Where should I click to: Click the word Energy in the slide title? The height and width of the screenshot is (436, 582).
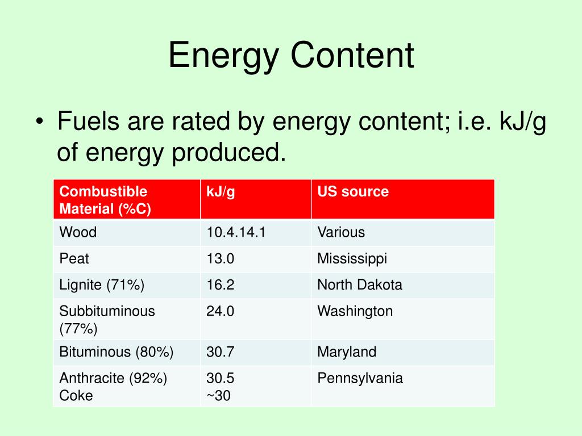[x=223, y=56]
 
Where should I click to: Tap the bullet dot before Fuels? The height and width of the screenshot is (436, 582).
[x=40, y=121]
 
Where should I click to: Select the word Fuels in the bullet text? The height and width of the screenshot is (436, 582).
[x=88, y=121]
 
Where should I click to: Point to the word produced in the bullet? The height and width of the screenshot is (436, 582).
[x=228, y=153]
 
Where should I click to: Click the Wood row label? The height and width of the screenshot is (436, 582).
[x=78, y=232]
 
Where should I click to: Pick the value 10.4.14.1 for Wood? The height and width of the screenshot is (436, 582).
[x=236, y=232]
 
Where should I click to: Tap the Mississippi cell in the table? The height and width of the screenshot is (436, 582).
[x=352, y=259]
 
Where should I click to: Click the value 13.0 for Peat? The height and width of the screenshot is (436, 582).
[x=220, y=258]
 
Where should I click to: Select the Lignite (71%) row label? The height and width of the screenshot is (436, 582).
[x=102, y=285]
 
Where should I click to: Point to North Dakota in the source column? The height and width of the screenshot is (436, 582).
[x=360, y=285]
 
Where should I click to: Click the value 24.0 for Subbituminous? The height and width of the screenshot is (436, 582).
[x=220, y=311]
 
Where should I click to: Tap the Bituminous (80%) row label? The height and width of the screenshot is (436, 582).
[x=116, y=352]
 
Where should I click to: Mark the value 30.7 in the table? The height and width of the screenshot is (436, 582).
[x=220, y=352]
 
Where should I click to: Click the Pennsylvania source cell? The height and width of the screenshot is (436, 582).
[x=360, y=379]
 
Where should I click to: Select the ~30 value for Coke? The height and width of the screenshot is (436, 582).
[x=219, y=396]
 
